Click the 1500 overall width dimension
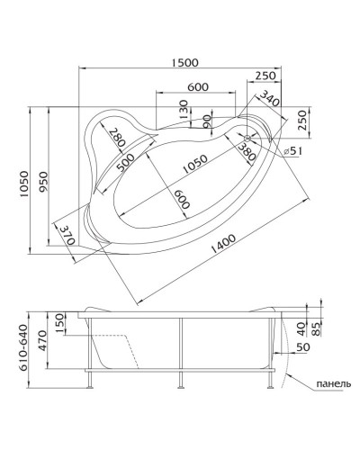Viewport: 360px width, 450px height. (184, 61)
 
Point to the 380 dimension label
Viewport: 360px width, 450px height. (247, 150)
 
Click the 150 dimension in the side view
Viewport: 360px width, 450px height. (59, 321)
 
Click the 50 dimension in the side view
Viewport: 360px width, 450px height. (301, 346)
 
